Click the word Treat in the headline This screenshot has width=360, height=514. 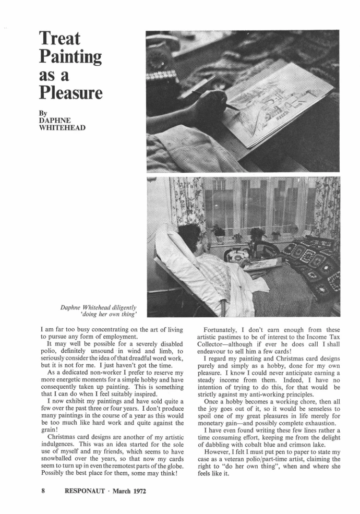click(60, 39)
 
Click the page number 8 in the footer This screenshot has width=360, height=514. click(44, 491)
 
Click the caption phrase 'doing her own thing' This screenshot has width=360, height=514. click(109, 315)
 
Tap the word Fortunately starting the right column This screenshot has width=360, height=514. click(227, 330)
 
